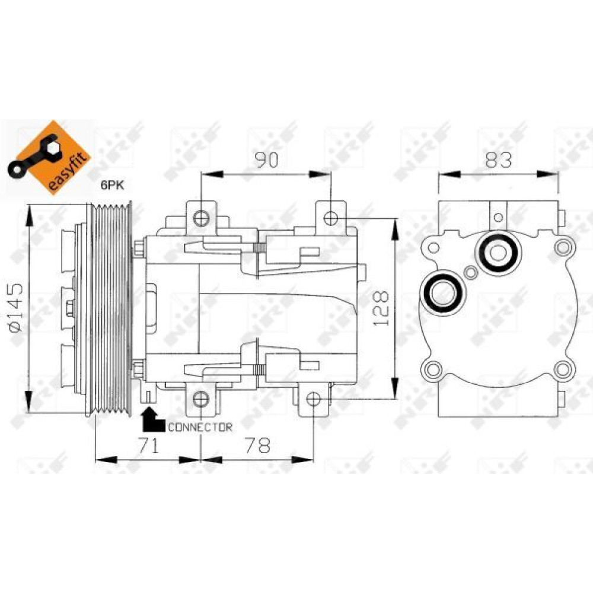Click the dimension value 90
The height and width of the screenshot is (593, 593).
(x=267, y=160)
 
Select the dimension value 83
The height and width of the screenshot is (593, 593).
(x=499, y=160)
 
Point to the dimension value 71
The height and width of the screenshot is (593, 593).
(x=148, y=445)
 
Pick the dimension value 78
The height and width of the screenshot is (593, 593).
(x=258, y=445)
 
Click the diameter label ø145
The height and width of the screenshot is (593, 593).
(x=17, y=308)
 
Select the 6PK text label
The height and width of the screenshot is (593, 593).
(x=112, y=185)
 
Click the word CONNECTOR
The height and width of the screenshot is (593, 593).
(x=200, y=428)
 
